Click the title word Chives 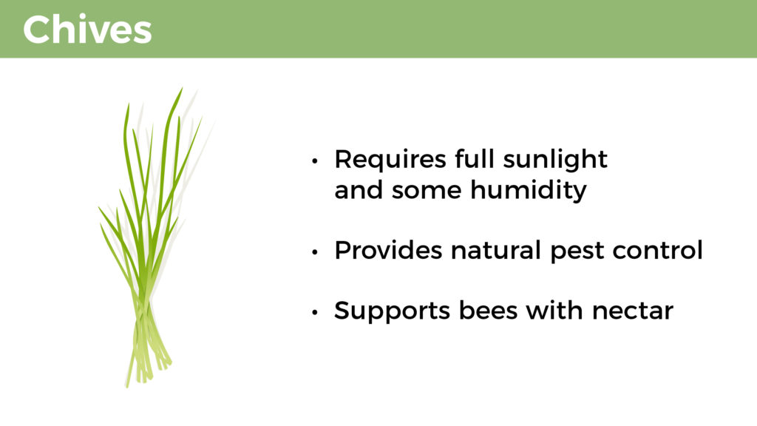pos(87,30)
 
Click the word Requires pos(390,159)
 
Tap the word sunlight pos(554,160)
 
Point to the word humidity pos(528,190)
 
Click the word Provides pos(388,250)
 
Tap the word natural pos(495,250)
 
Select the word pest pos(577,253)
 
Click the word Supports pos(392,311)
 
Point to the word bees pos(488,310)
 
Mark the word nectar pos(633,312)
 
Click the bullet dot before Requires pos(315,160)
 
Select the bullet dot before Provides pos(315,251)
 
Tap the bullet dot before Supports pos(315,312)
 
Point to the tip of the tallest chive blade pos(182,88)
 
